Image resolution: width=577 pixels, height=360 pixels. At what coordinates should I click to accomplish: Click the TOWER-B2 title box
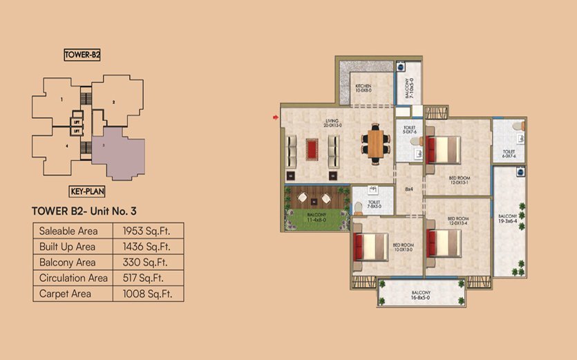click(x=83, y=55)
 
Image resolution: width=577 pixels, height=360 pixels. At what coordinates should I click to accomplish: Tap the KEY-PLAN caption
click(x=87, y=193)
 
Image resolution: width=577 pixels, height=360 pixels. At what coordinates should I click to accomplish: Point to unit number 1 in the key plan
click(x=62, y=101)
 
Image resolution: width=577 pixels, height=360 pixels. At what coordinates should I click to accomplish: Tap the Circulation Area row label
click(x=73, y=278)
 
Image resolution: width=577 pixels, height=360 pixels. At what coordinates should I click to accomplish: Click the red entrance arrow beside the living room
click(x=276, y=117)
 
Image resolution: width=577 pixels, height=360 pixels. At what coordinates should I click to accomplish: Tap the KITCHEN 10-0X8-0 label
click(x=363, y=88)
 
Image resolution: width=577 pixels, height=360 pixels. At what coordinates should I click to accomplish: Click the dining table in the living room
click(x=375, y=144)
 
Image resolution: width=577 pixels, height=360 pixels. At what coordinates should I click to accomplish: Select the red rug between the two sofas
click(x=312, y=148)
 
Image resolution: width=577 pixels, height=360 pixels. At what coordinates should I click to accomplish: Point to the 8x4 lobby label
click(x=408, y=189)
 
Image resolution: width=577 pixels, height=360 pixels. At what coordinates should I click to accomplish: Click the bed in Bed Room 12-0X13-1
click(x=444, y=149)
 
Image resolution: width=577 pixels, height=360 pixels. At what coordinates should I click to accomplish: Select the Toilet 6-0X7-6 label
click(x=509, y=153)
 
